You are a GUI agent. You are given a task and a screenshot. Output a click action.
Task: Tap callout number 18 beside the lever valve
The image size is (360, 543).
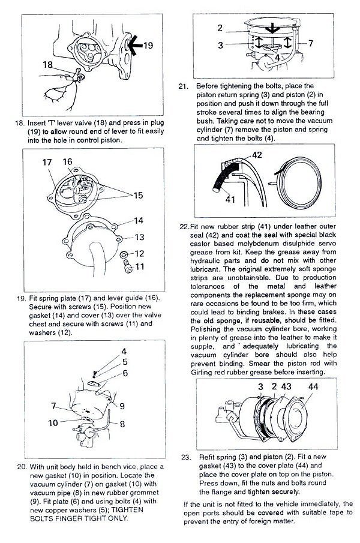point(49,64)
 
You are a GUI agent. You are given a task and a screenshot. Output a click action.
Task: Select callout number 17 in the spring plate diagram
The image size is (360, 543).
point(47,162)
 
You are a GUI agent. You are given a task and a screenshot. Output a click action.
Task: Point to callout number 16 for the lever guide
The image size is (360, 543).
point(67,161)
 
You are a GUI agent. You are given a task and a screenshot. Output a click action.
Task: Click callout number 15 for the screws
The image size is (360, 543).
point(139,195)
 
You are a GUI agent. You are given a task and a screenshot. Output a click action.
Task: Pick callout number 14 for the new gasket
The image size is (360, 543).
point(139,220)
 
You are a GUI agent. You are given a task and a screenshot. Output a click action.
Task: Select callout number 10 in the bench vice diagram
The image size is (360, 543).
point(53,423)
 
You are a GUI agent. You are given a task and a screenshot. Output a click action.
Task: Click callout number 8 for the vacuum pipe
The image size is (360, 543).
point(122,423)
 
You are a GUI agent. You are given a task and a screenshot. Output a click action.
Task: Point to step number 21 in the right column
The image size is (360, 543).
point(184,86)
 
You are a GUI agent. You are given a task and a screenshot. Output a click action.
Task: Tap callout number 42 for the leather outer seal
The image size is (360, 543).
point(257,155)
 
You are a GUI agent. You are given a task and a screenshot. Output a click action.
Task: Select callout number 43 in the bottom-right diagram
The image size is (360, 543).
point(286,387)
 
